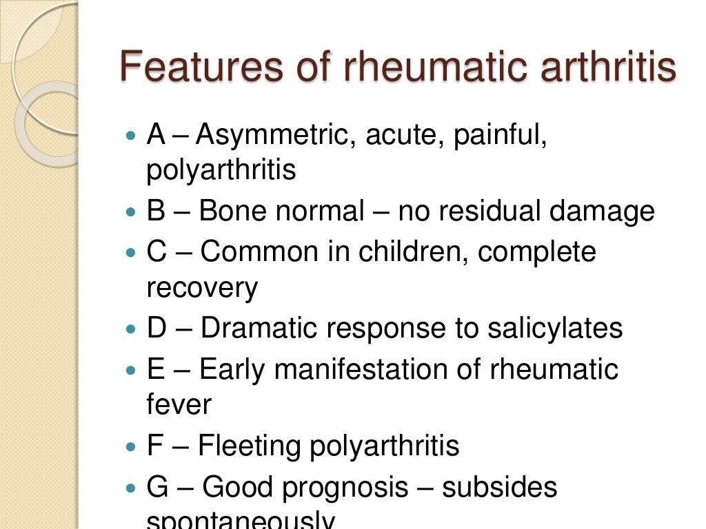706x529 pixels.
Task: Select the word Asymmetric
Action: click(x=272, y=136)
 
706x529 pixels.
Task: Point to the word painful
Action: click(x=501, y=136)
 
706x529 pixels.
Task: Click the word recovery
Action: click(x=202, y=287)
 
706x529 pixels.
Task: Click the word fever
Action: click(x=179, y=404)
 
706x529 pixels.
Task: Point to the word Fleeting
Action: click(x=248, y=446)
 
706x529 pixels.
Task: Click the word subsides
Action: click(x=499, y=488)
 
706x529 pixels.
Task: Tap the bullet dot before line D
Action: click(x=132, y=329)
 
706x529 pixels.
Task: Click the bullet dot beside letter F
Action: click(x=132, y=446)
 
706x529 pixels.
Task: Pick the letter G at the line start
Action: click(x=157, y=488)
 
